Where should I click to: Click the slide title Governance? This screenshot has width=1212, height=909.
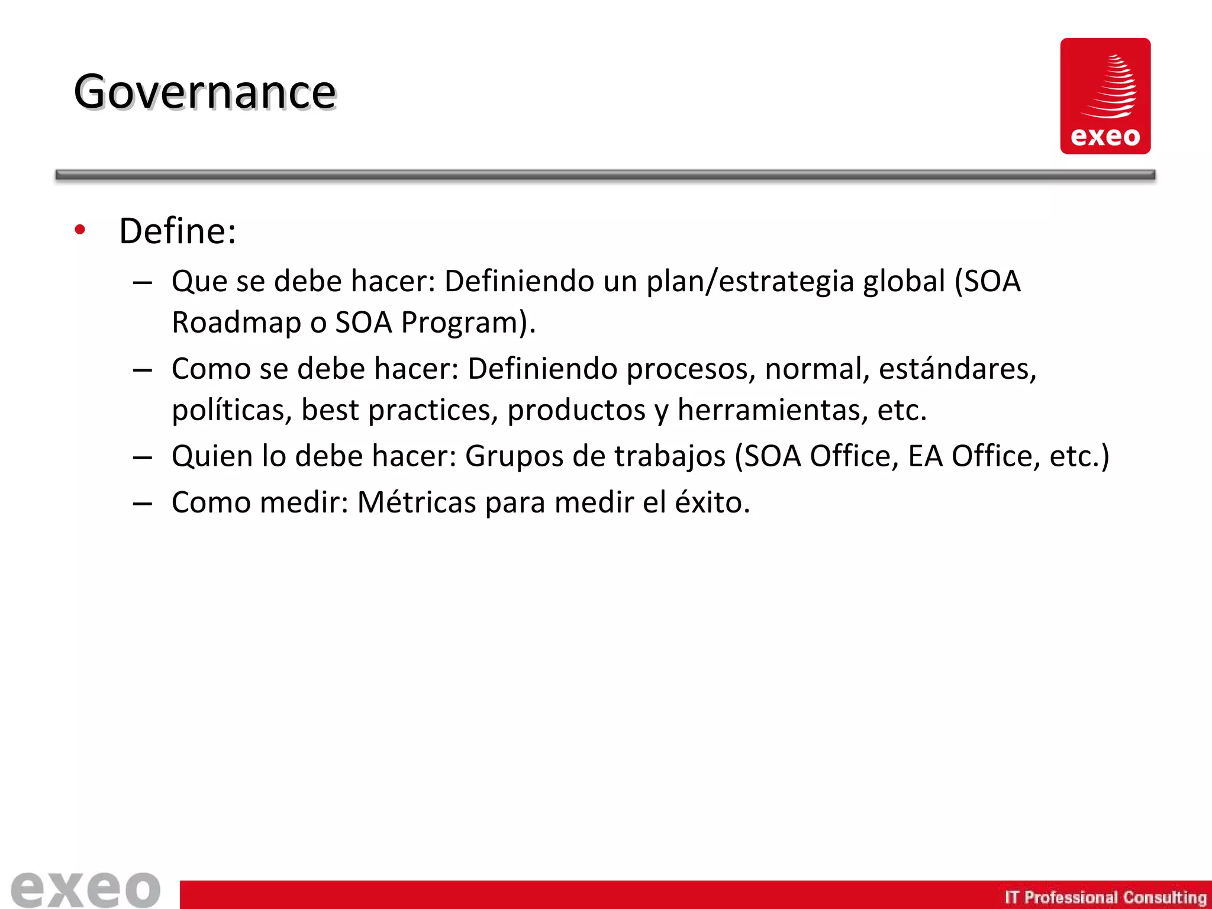205,92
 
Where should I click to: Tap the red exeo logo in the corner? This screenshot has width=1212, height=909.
1105,96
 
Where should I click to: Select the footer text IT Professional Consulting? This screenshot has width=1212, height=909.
1105,897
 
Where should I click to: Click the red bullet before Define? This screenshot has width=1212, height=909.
80,230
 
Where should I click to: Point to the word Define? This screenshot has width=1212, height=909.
178,231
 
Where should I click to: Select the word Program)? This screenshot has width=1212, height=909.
468,323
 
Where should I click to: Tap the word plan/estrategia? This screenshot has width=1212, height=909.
750,281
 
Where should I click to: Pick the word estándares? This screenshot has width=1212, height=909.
957,369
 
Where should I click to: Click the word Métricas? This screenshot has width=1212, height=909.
417,502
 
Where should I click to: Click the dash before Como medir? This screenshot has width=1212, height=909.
143,504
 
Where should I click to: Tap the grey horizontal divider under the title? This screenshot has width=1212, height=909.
605,175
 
